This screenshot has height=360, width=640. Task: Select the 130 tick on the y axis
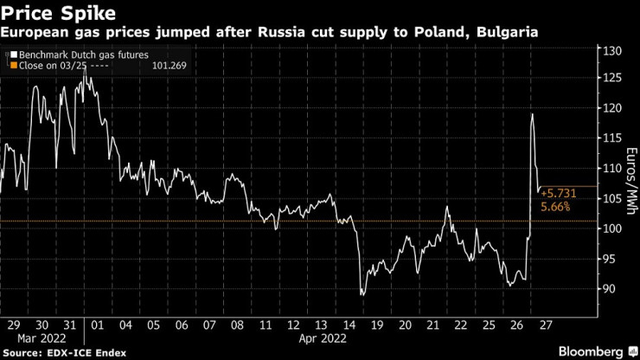613,52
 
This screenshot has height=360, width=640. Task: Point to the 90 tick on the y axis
611,289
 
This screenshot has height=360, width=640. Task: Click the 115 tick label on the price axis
613,138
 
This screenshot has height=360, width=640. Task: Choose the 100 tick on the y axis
613,228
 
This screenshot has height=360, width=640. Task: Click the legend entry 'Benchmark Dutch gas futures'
73,54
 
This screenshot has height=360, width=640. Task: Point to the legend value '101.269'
169,65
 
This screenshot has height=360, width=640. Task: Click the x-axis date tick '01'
97,325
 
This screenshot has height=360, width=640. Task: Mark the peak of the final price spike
532,113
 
